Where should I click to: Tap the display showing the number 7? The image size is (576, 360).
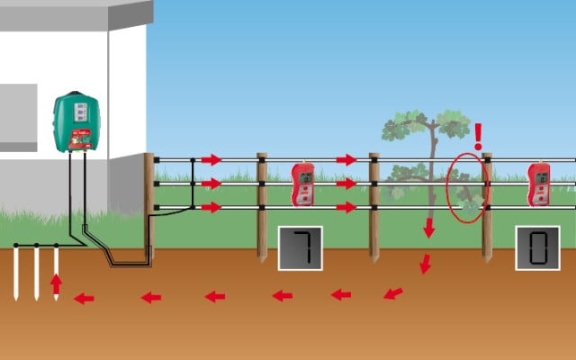click(x=300, y=248)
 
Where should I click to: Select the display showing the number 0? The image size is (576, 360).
click(x=537, y=248)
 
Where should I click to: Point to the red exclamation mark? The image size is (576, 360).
click(x=478, y=136)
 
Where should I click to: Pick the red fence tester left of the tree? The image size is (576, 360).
click(x=302, y=184)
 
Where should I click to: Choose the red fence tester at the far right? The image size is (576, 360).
click(x=539, y=184)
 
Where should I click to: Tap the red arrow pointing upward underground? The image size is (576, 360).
click(x=56, y=285)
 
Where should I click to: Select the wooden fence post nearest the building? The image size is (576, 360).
click(x=148, y=205)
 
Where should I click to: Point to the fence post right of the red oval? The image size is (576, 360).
click(x=487, y=207)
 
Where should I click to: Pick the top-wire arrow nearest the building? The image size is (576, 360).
click(x=211, y=160)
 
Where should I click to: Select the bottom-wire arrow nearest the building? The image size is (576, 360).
click(x=211, y=208)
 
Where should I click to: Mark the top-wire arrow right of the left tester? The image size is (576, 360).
click(x=346, y=160)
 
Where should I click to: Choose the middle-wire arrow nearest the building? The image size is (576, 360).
click(x=211, y=184)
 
